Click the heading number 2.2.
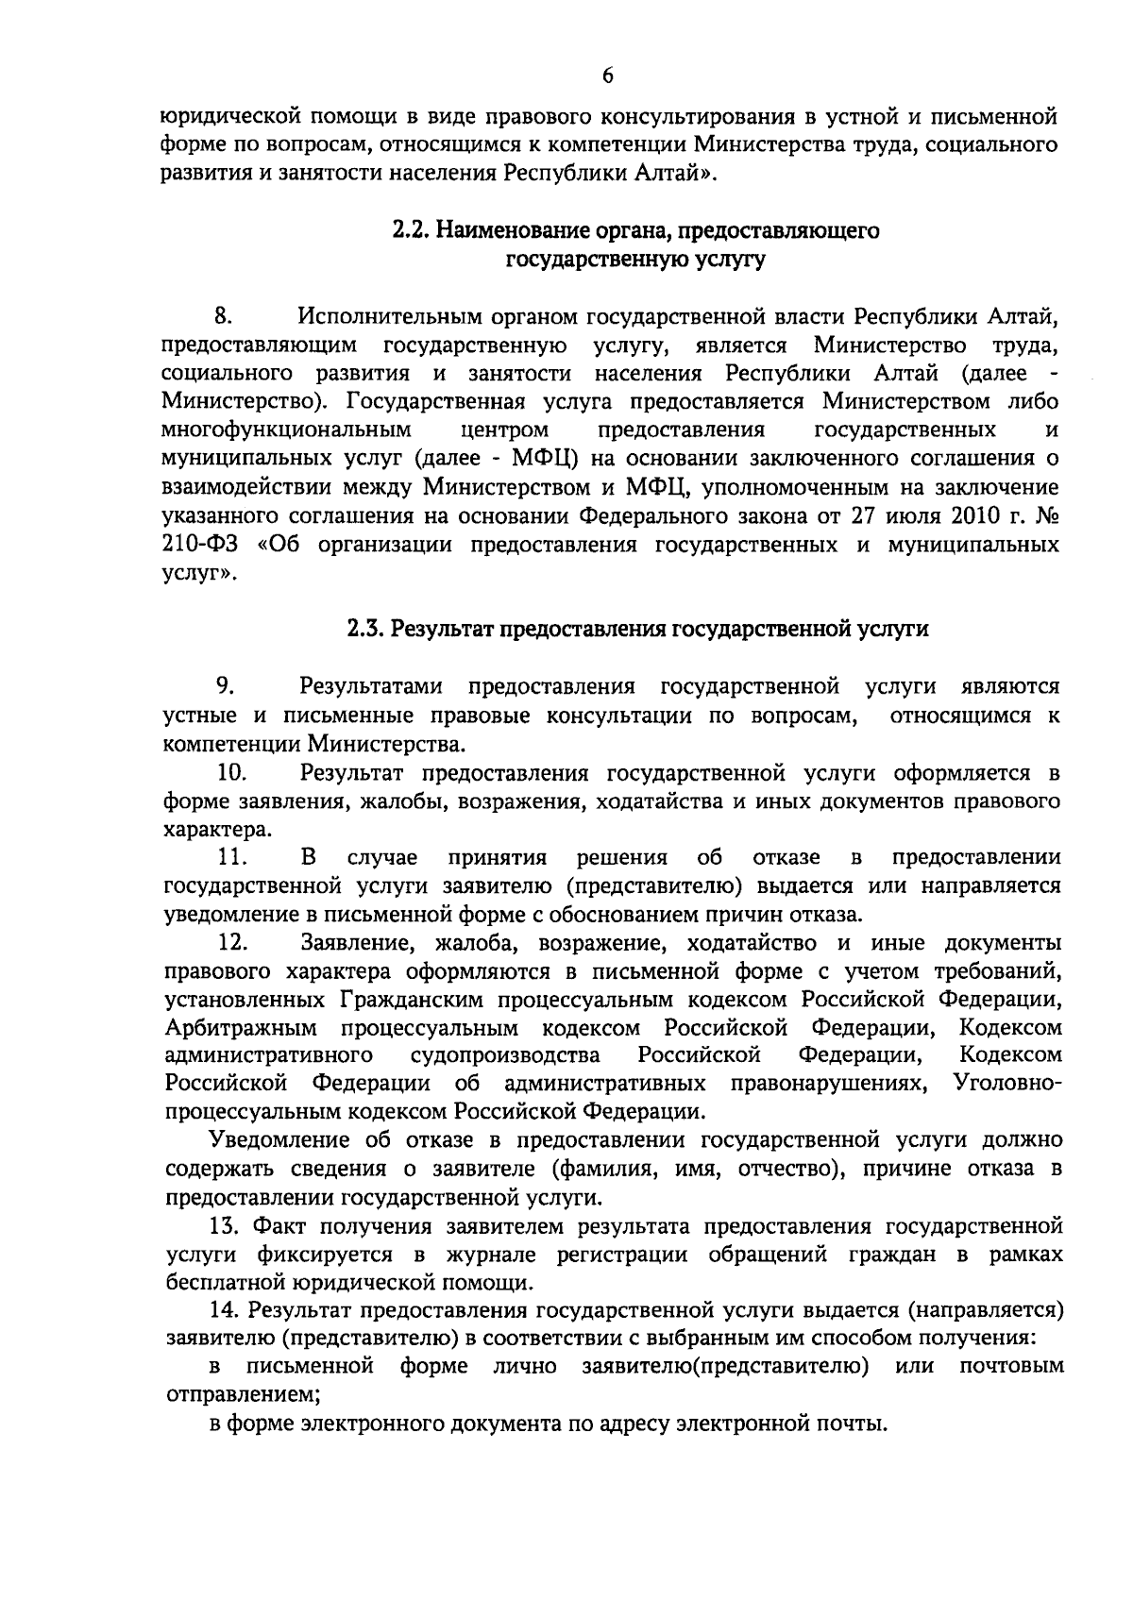[x=411, y=230]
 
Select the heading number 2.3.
[x=364, y=630]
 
